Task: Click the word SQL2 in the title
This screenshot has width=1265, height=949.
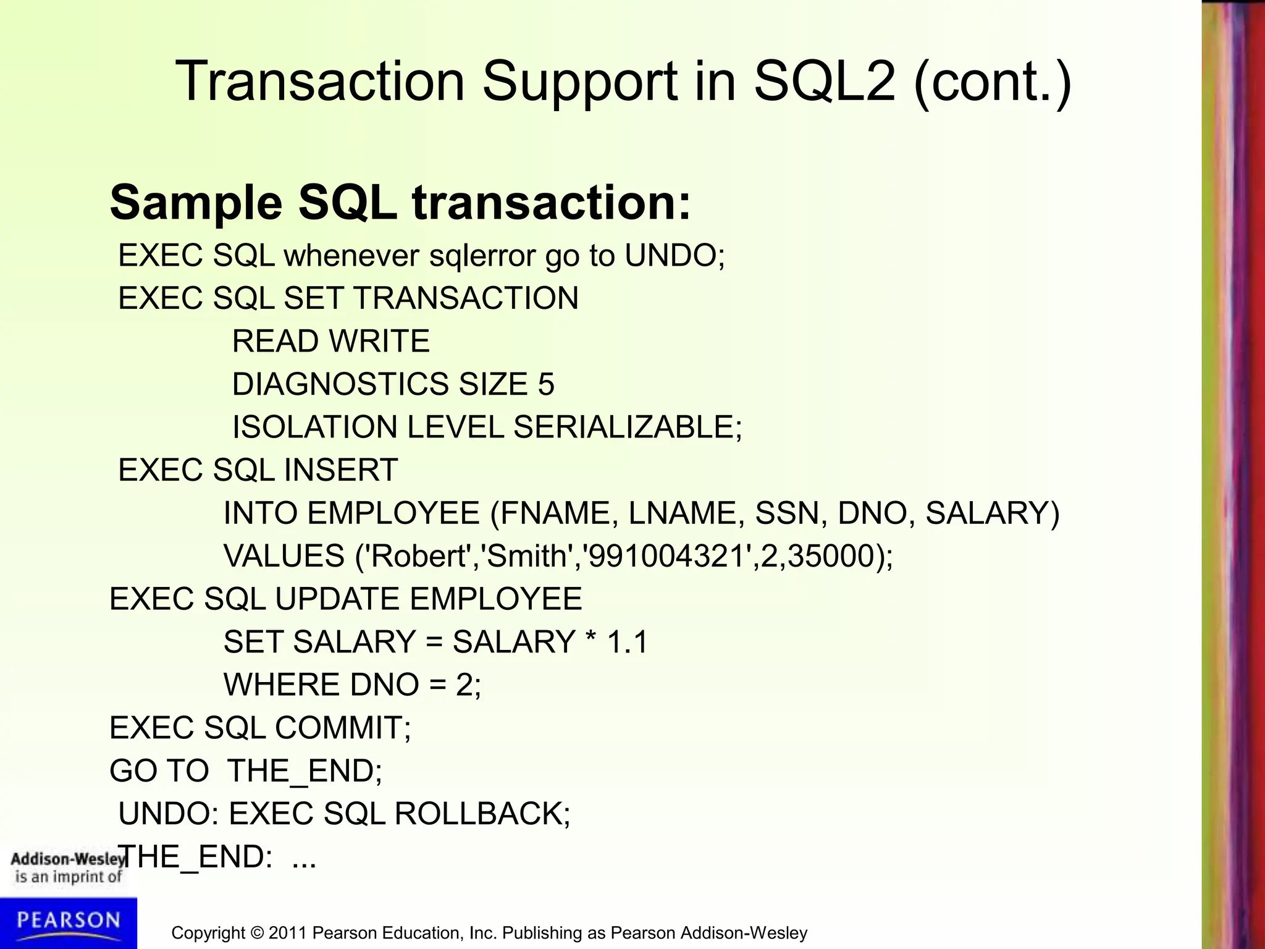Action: pos(824,82)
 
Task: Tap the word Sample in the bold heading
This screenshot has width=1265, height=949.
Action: pos(196,203)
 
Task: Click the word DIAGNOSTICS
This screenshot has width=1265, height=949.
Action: pos(340,384)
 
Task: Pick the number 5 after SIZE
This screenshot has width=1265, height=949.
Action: pos(545,384)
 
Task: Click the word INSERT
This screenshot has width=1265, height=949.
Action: pos(340,470)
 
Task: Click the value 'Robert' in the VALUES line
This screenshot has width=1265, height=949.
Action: pos(418,556)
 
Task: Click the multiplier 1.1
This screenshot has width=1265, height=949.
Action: pos(627,642)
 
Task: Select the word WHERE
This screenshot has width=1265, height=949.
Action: pos(282,685)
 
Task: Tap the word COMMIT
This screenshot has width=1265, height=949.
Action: pos(342,728)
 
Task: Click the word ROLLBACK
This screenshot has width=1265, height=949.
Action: pos(482,814)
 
